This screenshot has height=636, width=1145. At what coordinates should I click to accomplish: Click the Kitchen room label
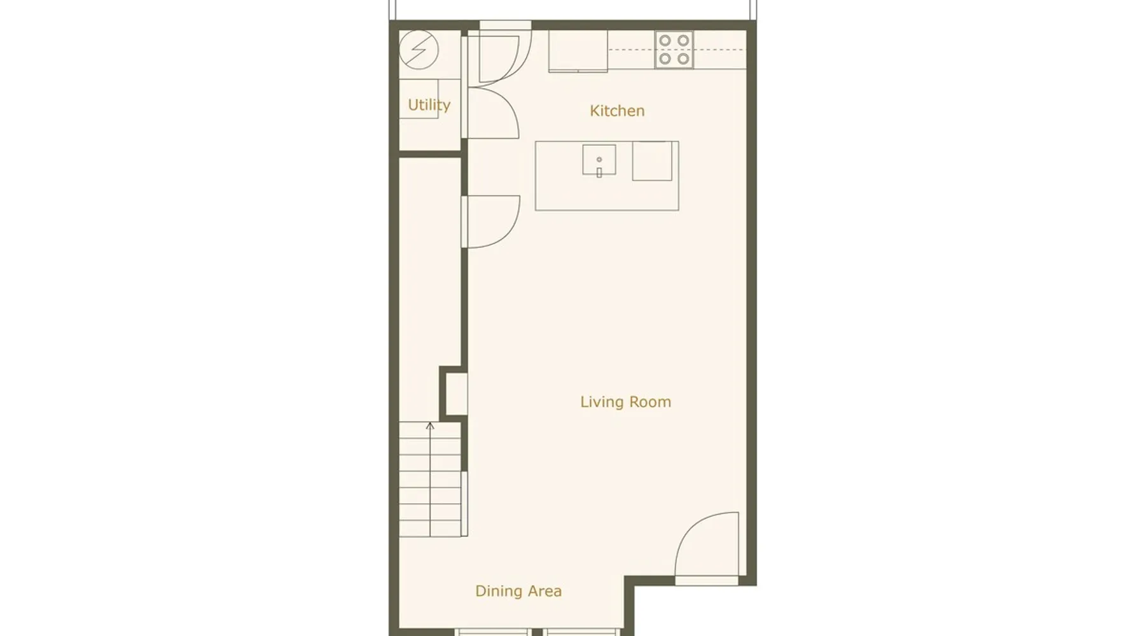[x=617, y=111]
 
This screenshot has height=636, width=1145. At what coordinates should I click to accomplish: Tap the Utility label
[x=429, y=105]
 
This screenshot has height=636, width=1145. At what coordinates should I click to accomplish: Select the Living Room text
[x=625, y=402]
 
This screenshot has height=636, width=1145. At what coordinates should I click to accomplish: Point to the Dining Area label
[x=518, y=591]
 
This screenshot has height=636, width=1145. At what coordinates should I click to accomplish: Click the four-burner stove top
[x=674, y=50]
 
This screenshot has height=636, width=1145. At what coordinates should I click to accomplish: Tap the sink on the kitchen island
[x=599, y=160]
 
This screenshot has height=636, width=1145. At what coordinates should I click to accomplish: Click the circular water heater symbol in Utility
[x=419, y=50]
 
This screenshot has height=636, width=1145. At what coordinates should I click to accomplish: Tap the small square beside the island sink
[x=652, y=161]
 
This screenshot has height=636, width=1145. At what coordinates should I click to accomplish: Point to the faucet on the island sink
[x=599, y=172]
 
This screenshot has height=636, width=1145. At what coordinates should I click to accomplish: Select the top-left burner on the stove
[x=665, y=41]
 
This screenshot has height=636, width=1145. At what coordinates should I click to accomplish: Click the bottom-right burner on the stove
[x=683, y=59]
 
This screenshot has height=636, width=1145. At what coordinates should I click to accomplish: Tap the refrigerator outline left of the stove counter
[x=578, y=51]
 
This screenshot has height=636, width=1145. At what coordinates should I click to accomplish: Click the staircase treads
[x=430, y=480]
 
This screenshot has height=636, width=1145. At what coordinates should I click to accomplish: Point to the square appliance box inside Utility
[x=419, y=98]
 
